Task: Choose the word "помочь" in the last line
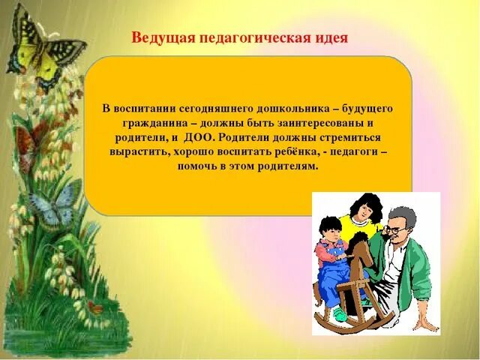[198, 167]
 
